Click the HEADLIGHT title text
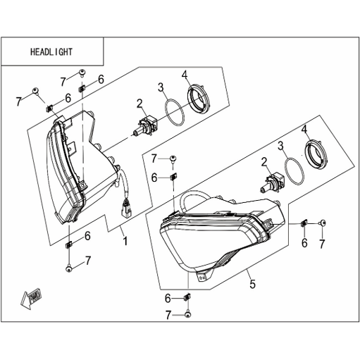(51, 51)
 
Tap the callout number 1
(125, 241)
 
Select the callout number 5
(253, 284)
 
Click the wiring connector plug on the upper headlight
(126, 209)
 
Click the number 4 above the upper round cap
(185, 75)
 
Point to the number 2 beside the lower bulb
(265, 163)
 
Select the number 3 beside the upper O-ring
(161, 87)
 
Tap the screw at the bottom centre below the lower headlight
(188, 314)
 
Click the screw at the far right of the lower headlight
(323, 223)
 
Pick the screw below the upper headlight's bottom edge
(68, 268)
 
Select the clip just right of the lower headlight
(304, 223)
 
